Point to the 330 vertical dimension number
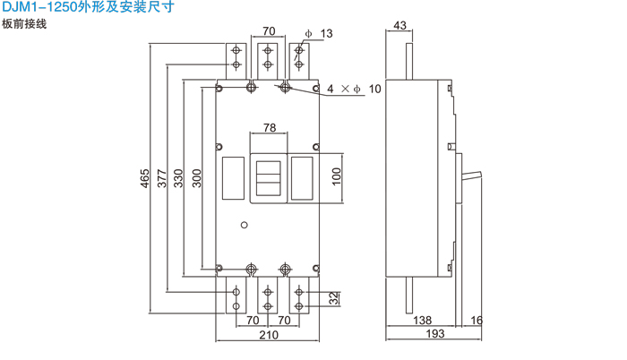(178, 179)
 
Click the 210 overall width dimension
(268, 336)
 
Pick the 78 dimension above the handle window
(269, 127)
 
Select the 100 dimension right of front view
(337, 174)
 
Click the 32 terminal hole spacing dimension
(333, 298)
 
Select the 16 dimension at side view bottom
(476, 320)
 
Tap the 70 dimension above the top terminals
(268, 32)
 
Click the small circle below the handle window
(244, 225)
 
